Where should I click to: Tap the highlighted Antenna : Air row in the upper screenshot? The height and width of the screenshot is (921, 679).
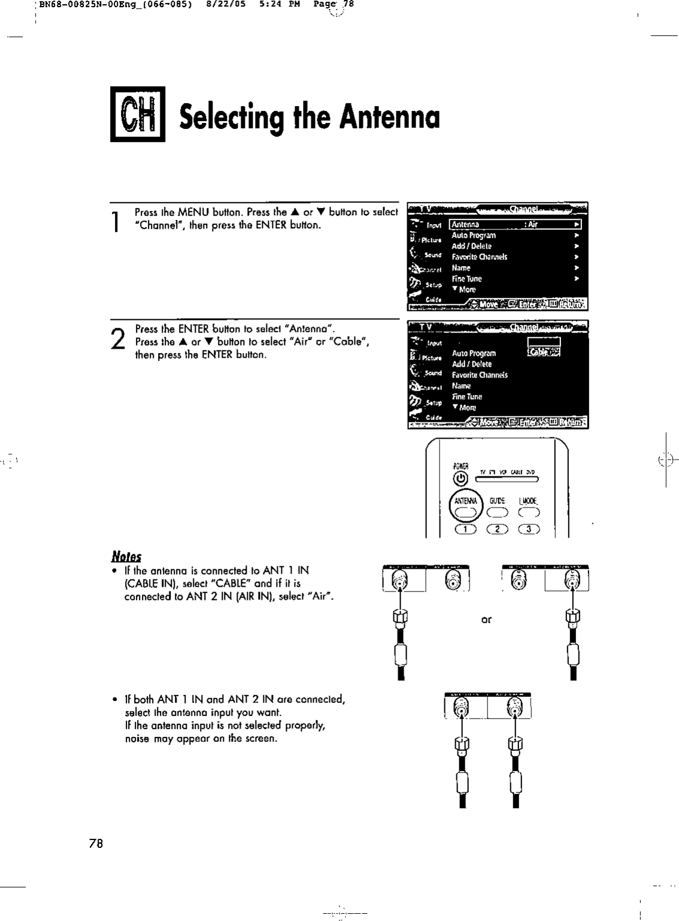click(516, 225)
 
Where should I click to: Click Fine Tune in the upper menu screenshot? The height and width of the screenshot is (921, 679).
click(466, 279)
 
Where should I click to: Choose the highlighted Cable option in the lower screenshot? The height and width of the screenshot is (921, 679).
click(544, 352)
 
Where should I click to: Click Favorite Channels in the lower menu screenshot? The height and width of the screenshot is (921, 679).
click(480, 375)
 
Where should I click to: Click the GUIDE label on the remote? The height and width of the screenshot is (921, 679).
click(498, 500)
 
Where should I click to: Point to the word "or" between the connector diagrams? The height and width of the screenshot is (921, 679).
click(486, 620)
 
